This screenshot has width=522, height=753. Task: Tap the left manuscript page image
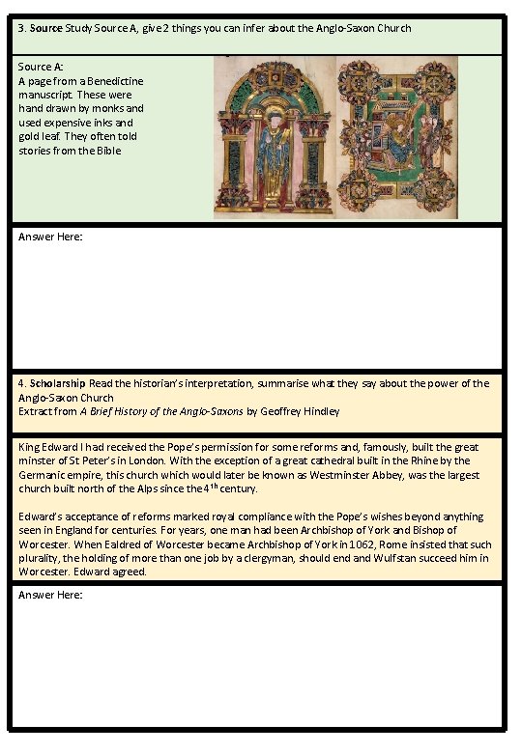pyautogui.click(x=273, y=138)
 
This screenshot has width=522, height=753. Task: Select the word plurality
pyautogui.click(x=42, y=558)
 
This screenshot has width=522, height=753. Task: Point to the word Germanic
pyautogui.click(x=43, y=475)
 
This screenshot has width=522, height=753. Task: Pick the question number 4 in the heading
pyautogui.click(x=21, y=383)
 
